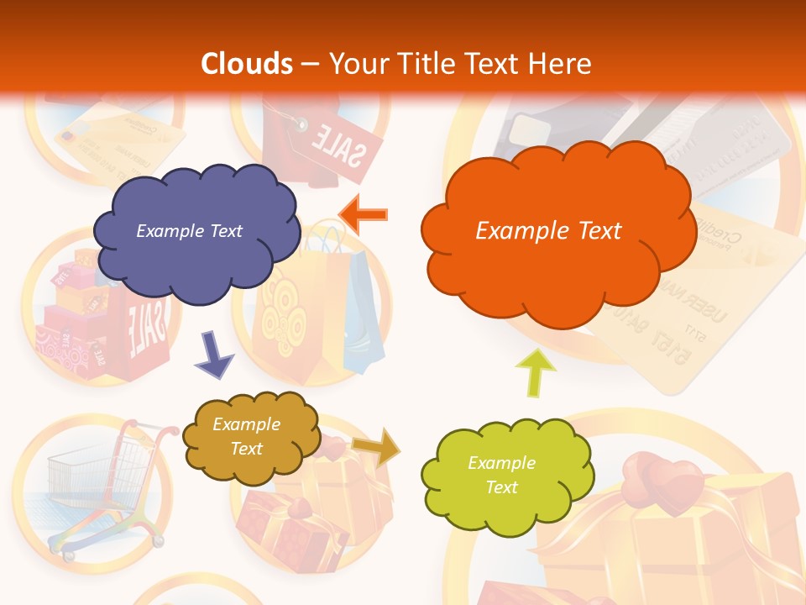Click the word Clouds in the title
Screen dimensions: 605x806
(246, 64)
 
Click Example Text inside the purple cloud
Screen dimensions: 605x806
(189, 231)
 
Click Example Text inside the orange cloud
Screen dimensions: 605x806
(548, 231)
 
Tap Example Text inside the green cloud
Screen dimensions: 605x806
(501, 475)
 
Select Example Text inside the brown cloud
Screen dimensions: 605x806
(246, 437)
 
